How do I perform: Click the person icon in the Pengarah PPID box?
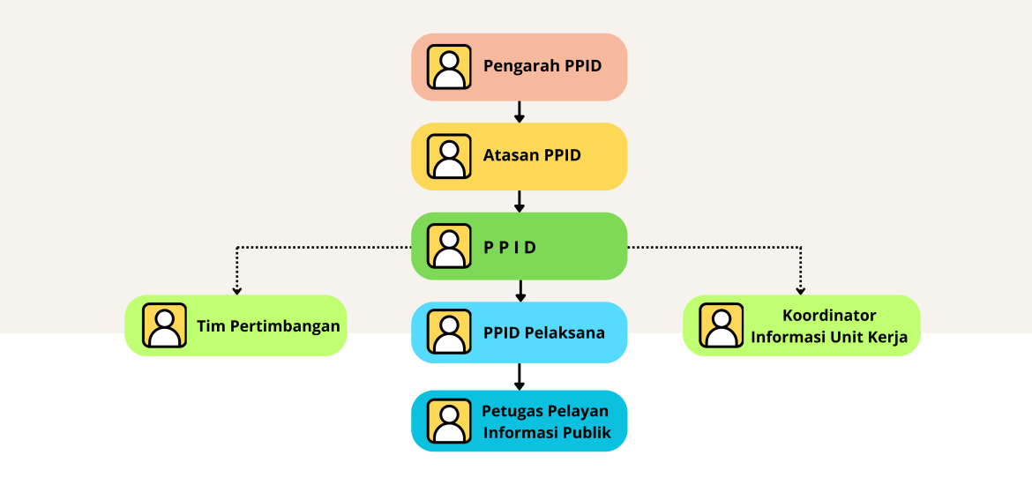click(x=449, y=67)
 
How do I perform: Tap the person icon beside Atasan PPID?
click(x=449, y=157)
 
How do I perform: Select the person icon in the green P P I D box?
click(x=449, y=246)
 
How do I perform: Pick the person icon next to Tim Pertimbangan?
click(x=164, y=325)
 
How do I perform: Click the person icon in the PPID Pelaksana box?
click(x=449, y=332)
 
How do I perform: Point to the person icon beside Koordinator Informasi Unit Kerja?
click(x=722, y=325)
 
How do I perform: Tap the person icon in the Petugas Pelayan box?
click(x=449, y=422)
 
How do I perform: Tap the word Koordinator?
click(x=829, y=316)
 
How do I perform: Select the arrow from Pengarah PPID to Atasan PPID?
click(x=520, y=112)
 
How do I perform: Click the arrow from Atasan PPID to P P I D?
click(x=520, y=201)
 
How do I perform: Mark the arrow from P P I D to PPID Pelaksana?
click(x=520, y=291)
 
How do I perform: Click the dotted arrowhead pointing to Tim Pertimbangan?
click(x=236, y=287)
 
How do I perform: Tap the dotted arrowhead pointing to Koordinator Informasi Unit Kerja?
click(x=800, y=287)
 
